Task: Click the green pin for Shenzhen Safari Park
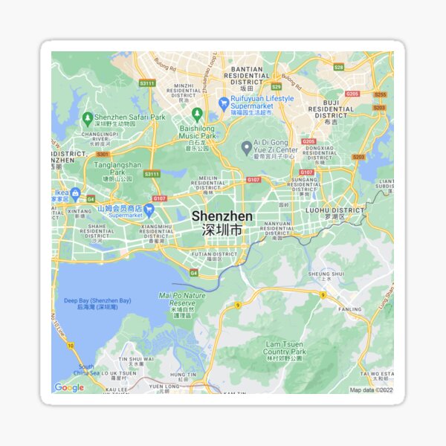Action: tap(88, 117)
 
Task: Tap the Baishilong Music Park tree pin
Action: tap(197, 114)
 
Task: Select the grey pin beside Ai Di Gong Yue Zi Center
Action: tap(246, 148)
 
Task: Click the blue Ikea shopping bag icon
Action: tap(75, 193)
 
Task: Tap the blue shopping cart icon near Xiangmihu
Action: tap(149, 210)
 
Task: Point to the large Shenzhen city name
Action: tap(222, 216)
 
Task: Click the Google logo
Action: tap(69, 387)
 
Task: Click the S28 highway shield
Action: tap(338, 67)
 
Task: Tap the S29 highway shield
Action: tap(277, 86)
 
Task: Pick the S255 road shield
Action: tap(380, 94)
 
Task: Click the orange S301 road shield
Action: tap(103, 155)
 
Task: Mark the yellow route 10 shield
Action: tap(71, 346)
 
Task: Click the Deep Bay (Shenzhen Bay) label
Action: tap(97, 303)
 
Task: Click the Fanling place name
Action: tap(349, 308)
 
